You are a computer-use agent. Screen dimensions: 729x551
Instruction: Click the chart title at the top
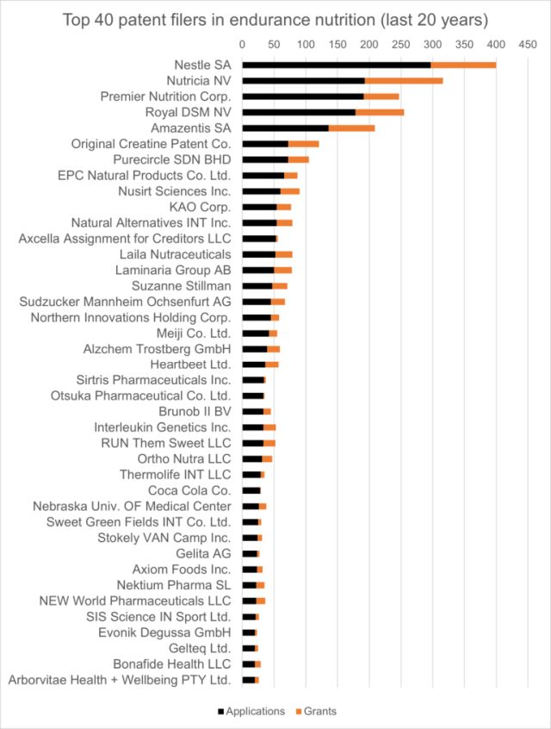pyautogui.click(x=275, y=19)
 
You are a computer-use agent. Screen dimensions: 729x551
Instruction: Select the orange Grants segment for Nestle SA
pyautogui.click(x=463, y=65)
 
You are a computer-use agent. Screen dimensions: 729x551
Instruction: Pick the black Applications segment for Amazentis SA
pyautogui.click(x=285, y=128)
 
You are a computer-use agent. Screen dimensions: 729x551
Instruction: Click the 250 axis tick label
pyautogui.click(x=400, y=42)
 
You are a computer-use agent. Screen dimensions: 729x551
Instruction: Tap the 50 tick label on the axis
pyautogui.click(x=274, y=42)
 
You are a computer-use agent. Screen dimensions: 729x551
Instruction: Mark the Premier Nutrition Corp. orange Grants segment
pyautogui.click(x=381, y=97)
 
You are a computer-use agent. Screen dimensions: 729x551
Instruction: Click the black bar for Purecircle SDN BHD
pyautogui.click(x=265, y=159)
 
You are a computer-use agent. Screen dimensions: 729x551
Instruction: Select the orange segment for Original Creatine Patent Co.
pyautogui.click(x=303, y=144)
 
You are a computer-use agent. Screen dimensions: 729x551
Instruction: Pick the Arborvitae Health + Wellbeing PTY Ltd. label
pyautogui.click(x=120, y=680)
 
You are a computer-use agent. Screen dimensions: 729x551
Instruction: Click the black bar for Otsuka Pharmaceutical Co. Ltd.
pyautogui.click(x=253, y=396)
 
